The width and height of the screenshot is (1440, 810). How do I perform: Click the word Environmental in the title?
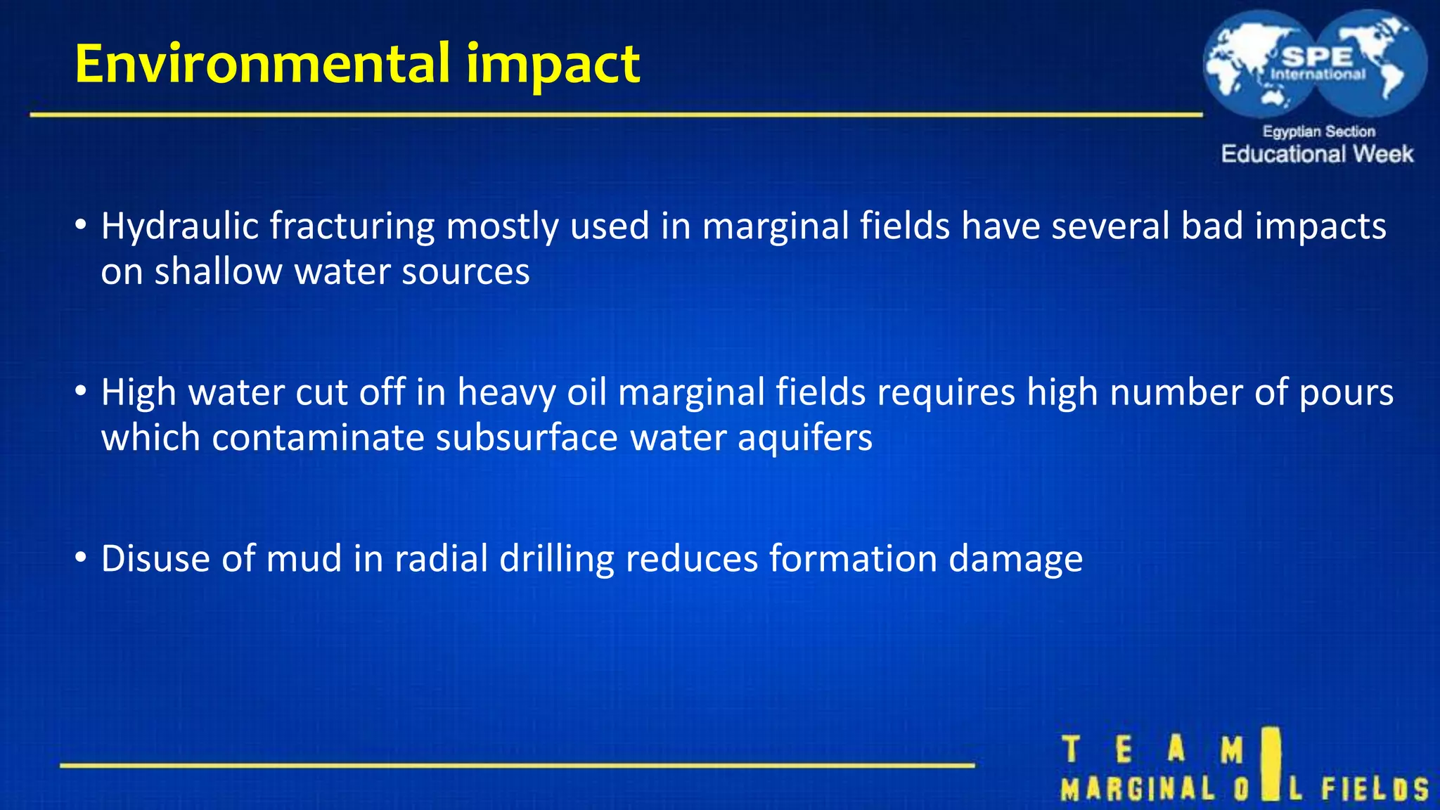coord(262,64)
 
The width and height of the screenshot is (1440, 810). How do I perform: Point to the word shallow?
coord(218,271)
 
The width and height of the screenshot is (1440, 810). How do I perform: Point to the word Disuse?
coord(155,559)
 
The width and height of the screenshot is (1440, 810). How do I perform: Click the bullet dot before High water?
coord(81,391)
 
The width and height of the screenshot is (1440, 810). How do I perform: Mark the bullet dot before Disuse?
coord(81,558)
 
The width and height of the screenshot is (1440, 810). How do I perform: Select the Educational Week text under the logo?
coord(1317,154)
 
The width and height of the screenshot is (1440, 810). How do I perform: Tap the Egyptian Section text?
coord(1318,131)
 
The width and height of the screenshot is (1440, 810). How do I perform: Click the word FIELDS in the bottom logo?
coord(1375,788)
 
